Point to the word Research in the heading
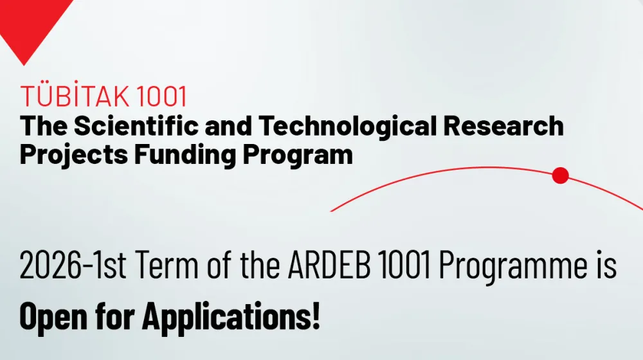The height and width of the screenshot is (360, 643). tap(503, 125)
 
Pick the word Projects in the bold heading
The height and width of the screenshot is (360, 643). tap(74, 156)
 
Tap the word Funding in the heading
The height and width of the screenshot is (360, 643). tap(185, 156)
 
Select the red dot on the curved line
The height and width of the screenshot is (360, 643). tap(560, 175)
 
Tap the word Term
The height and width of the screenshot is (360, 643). tap(167, 265)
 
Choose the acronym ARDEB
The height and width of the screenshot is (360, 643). tap(329, 265)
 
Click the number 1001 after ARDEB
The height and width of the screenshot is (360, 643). tap(404, 265)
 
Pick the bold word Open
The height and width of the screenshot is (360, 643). tap(53, 316)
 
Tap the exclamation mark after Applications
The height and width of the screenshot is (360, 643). tap(316, 315)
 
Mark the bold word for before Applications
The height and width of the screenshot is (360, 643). tap(115, 315)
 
